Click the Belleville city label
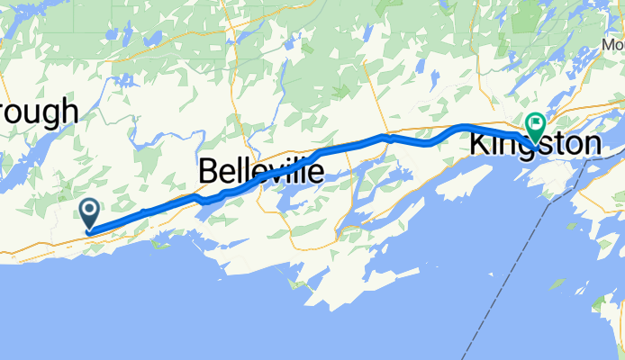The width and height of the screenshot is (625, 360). [x=260, y=170]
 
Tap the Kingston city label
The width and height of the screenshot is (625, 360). [x=534, y=144]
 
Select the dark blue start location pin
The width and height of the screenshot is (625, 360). [x=90, y=214]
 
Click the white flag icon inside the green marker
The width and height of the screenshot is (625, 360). [x=537, y=122]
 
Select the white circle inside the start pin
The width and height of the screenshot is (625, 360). [x=90, y=210]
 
